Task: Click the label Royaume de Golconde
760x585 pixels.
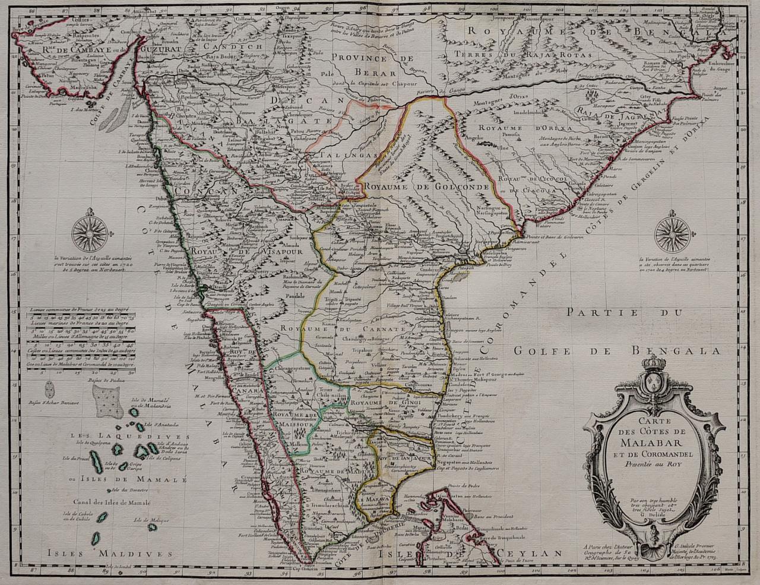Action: click(x=427, y=186)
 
